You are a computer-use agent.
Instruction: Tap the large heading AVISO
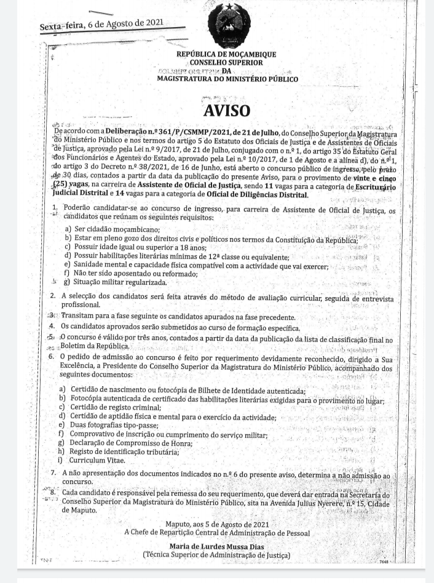point(227,111)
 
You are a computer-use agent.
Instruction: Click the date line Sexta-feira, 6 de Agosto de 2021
point(101,25)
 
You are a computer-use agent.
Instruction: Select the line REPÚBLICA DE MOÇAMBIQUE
point(226,54)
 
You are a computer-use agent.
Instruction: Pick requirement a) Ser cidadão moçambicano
point(112,229)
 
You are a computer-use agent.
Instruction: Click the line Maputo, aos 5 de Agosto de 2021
point(217,524)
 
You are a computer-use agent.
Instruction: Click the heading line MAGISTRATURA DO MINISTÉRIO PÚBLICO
point(227,79)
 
